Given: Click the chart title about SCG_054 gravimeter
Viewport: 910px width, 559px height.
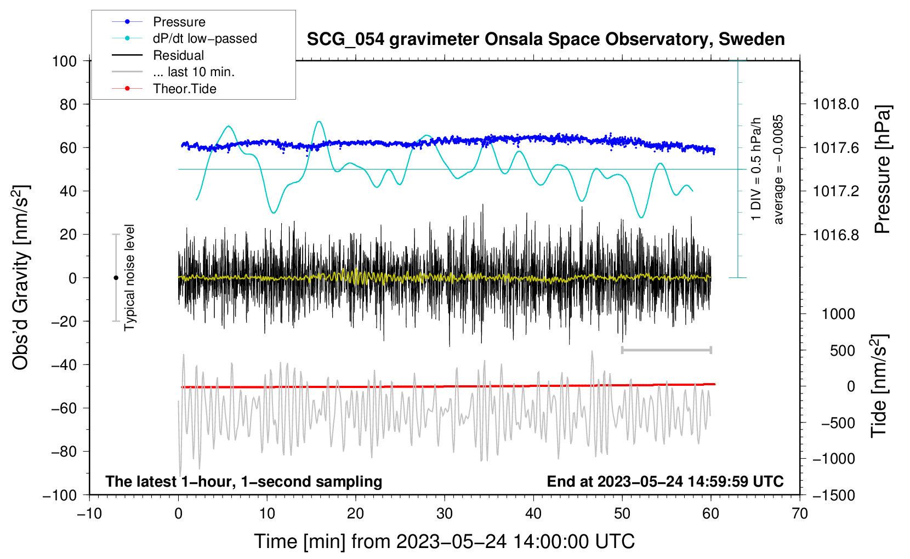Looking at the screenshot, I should (545, 39).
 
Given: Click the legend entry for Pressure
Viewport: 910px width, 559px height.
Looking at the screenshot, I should (179, 22).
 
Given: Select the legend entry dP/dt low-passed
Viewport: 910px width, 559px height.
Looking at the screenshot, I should (204, 38).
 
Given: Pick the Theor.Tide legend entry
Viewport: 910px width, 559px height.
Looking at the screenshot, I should (184, 89).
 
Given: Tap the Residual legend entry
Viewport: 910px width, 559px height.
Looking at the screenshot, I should (178, 55).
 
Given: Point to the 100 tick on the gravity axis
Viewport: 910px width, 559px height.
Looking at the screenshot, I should (64, 61).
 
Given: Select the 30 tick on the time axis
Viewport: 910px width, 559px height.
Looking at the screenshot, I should (445, 514).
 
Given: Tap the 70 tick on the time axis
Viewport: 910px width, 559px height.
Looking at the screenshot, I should (800, 514).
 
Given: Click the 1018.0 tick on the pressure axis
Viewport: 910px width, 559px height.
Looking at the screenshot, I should (835, 104).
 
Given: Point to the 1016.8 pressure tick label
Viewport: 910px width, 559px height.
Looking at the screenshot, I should (835, 235).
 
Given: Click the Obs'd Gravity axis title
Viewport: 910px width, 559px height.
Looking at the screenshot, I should (21, 278).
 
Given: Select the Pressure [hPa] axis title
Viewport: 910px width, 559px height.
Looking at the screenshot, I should (883, 169).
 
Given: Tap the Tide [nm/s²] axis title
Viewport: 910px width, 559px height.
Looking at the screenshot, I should (879, 386).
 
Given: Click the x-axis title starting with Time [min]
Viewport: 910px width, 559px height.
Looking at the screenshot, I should (444, 541).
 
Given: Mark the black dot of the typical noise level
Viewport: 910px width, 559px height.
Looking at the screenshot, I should (116, 278).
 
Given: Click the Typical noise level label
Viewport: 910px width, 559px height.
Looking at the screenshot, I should (129, 278).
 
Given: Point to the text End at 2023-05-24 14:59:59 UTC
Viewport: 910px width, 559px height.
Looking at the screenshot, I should (665, 481).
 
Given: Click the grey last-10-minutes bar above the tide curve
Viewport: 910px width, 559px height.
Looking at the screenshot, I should (666, 350).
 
